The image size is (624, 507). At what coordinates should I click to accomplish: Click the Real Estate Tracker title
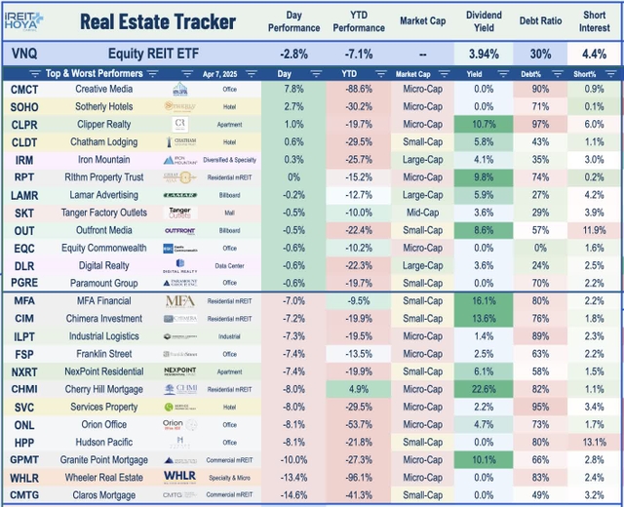[x=156, y=21]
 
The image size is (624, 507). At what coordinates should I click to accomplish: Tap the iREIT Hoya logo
[x=32, y=20]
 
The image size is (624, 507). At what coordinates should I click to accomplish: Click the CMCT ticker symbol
[x=24, y=90]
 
